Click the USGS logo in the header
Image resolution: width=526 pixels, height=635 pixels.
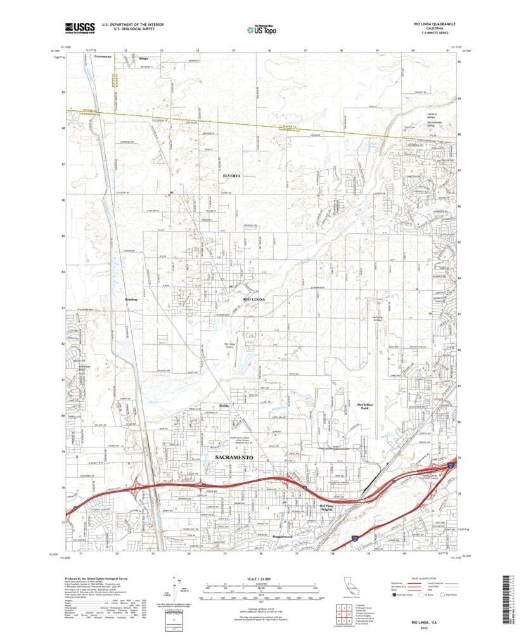[x=80, y=27]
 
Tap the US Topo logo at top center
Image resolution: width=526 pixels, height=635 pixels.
[x=262, y=29]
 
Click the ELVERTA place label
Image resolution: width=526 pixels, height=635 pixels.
[x=233, y=176]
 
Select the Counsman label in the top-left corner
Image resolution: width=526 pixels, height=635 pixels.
[x=102, y=56]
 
